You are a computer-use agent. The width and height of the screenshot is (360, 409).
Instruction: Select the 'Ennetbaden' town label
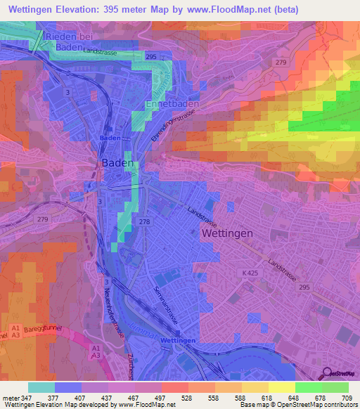point(172,104)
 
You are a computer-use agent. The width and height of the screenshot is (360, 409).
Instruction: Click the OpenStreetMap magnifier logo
point(326,375)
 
